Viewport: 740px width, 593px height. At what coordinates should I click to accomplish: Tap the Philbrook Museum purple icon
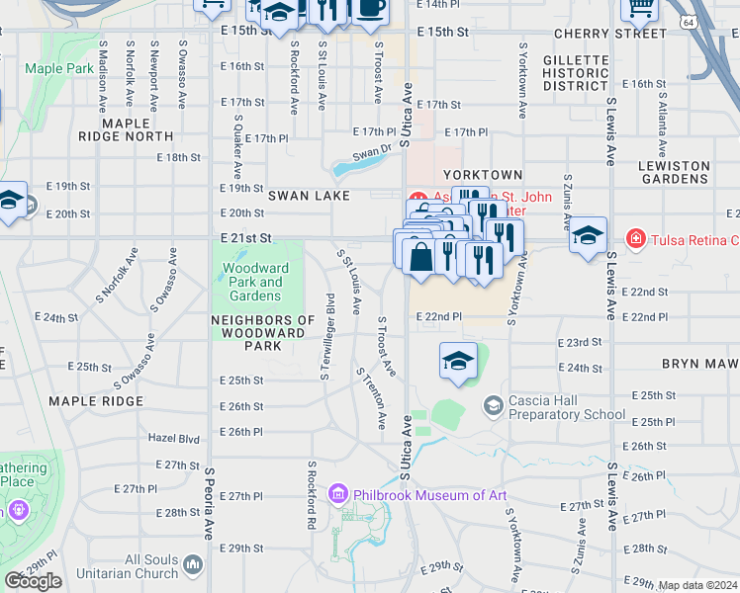click(x=337, y=493)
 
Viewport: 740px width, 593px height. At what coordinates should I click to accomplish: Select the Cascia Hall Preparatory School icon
click(x=493, y=405)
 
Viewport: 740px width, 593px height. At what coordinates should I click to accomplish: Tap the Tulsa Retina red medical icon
click(x=634, y=239)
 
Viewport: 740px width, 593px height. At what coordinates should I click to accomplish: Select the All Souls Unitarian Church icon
click(x=192, y=565)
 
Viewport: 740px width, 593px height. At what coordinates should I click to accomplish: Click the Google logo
click(x=33, y=581)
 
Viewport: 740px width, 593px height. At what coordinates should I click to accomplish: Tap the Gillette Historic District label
click(x=576, y=73)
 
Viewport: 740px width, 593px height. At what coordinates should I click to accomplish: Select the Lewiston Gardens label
click(x=675, y=172)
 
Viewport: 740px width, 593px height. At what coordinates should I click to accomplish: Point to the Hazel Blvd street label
click(x=173, y=438)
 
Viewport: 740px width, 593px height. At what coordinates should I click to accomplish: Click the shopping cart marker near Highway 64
click(x=639, y=8)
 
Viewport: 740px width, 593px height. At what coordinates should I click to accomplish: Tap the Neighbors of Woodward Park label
click(x=262, y=333)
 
